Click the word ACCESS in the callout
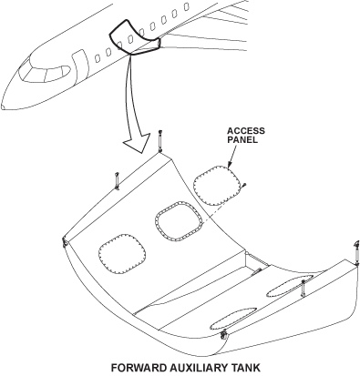(246, 131)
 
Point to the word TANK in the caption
(246, 368)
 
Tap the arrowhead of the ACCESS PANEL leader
(229, 164)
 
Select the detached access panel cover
(216, 186)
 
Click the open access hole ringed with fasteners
(179, 221)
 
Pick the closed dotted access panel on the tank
(122, 254)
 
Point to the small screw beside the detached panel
(244, 185)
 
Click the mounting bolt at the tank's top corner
(160, 141)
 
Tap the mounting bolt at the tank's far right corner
(357, 252)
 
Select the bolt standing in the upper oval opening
(303, 289)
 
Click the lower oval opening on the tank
(233, 319)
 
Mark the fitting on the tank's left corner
(65, 242)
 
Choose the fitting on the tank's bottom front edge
(224, 335)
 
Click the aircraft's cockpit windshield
(45, 74)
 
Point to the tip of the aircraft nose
(3, 107)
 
